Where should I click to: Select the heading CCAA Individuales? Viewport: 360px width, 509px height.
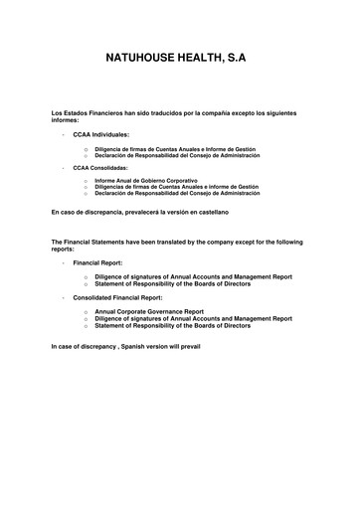click(x=101, y=133)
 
